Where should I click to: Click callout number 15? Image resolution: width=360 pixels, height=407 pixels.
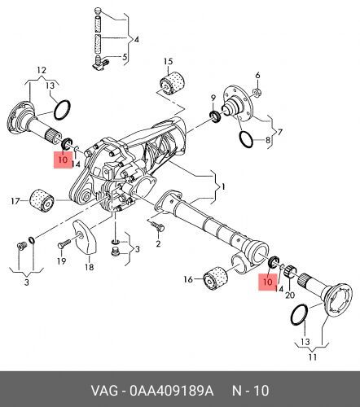click(168, 61)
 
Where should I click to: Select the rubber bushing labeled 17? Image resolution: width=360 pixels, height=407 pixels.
click(42, 200)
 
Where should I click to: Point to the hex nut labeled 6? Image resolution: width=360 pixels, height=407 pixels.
click(257, 92)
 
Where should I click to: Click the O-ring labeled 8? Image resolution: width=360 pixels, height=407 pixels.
click(246, 139)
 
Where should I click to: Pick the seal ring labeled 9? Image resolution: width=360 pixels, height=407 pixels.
click(216, 116)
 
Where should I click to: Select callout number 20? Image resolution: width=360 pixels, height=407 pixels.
click(290, 295)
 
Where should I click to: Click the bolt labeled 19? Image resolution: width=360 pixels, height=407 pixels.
click(64, 243)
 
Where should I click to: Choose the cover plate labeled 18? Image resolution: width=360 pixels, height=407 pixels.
click(86, 237)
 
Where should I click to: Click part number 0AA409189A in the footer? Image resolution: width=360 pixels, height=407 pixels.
click(172, 391)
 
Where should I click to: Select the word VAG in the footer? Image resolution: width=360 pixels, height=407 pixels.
click(104, 391)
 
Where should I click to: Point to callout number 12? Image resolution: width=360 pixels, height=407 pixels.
click(42, 71)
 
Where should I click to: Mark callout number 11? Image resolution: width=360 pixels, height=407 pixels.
click(313, 357)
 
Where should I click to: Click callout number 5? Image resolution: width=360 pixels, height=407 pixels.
click(125, 57)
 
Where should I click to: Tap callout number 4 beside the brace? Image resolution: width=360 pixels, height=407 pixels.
click(137, 40)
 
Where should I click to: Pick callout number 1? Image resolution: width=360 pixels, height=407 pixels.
click(223, 186)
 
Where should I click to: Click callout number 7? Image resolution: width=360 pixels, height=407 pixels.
click(279, 132)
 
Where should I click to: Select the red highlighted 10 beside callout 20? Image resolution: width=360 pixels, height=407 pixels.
click(268, 282)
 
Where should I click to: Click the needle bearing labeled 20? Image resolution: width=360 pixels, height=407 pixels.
click(291, 270)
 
